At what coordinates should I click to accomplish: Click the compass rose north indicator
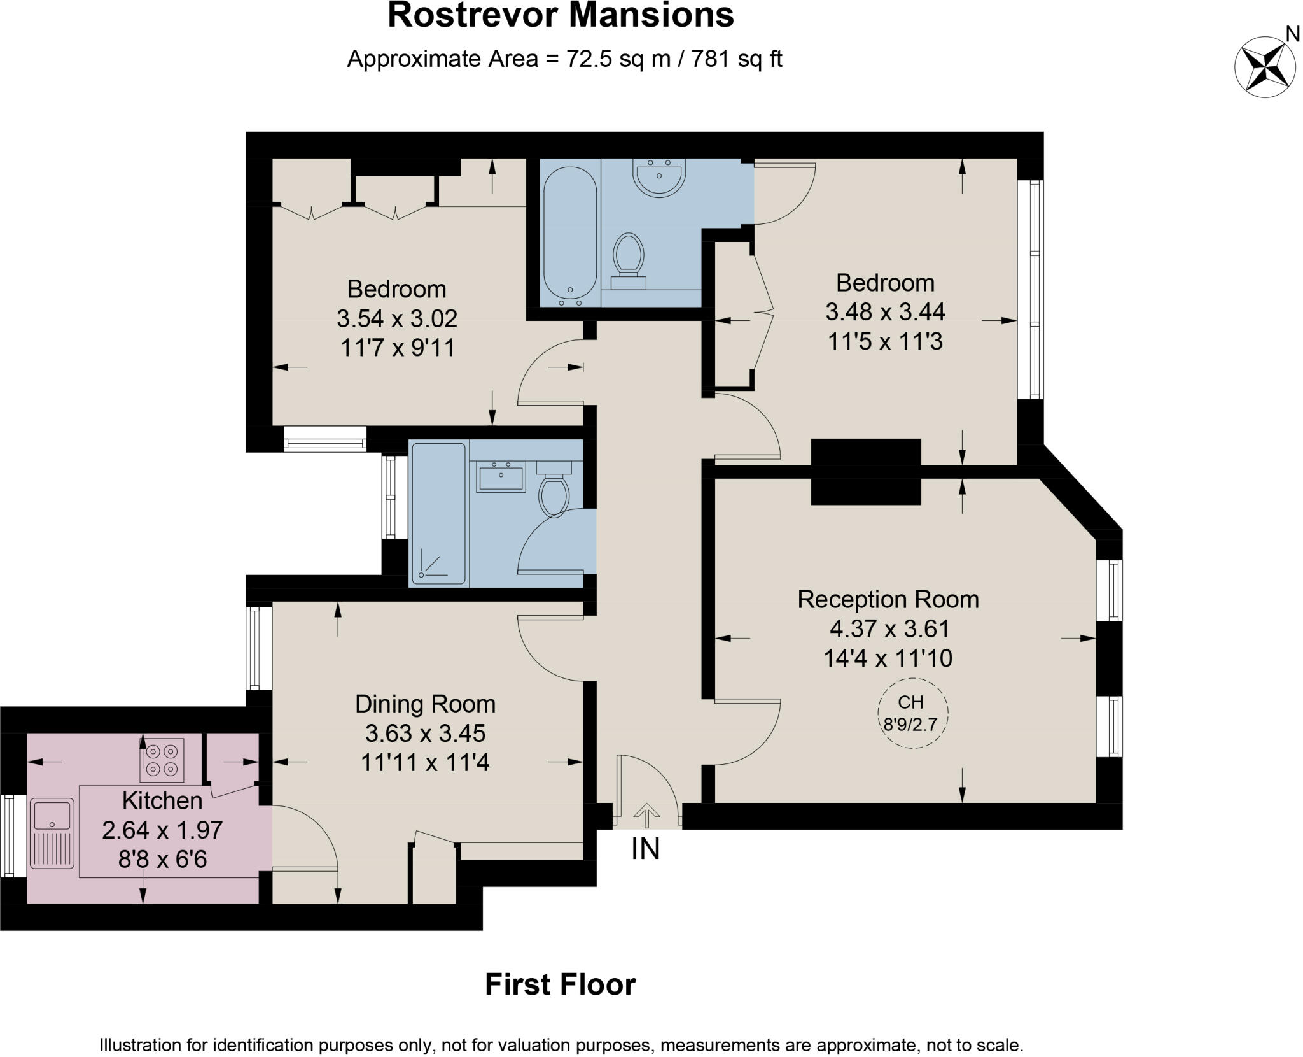tap(1265, 66)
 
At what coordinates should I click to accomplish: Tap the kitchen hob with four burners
tap(162, 760)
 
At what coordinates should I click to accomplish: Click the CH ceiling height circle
tap(912, 713)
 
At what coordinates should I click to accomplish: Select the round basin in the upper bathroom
tap(659, 176)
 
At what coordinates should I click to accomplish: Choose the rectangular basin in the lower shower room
tap(501, 478)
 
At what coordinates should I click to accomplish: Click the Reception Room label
tap(888, 599)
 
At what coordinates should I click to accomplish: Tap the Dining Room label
tap(425, 704)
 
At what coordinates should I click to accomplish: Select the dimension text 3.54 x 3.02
tap(397, 318)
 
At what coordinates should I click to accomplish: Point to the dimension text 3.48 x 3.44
tap(885, 312)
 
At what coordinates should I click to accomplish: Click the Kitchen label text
tap(162, 800)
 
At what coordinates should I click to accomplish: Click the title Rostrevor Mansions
tap(561, 16)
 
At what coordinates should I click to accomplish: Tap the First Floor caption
tap(560, 984)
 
